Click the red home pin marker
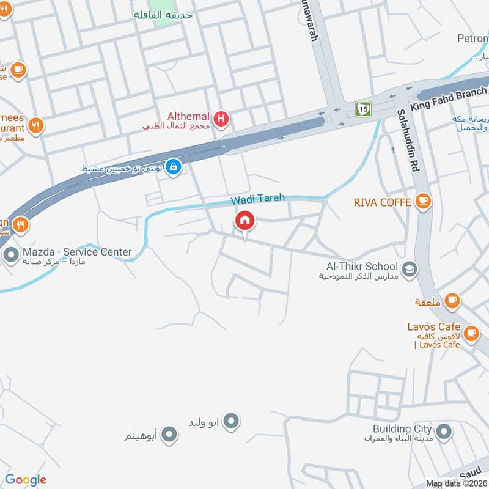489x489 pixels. point(245,221)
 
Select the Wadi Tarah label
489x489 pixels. point(257,200)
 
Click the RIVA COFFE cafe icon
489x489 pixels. point(422,200)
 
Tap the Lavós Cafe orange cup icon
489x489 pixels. point(471,333)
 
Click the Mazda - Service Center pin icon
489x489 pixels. point(10,255)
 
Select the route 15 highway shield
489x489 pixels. point(364,109)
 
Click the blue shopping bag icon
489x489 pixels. point(174,166)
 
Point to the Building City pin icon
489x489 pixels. point(444,432)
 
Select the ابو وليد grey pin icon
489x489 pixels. point(231,421)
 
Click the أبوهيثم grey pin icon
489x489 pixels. point(171,435)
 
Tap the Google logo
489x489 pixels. point(26,480)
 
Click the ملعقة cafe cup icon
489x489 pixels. point(452,300)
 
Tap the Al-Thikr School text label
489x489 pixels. point(362,267)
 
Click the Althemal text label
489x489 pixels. point(189,116)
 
